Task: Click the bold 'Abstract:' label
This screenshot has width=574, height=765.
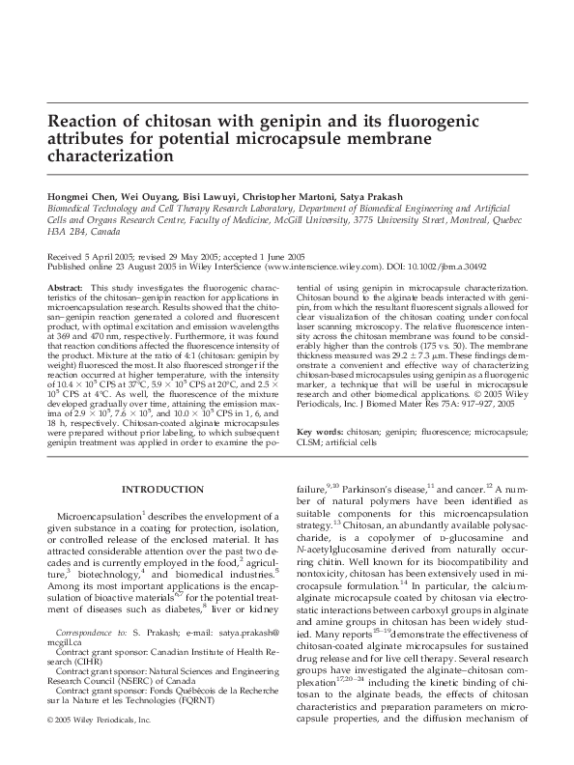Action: pyautogui.click(x=64, y=289)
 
